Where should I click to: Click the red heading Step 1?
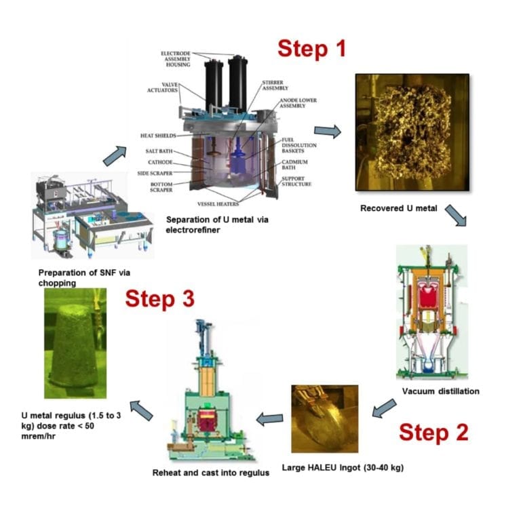tap(311, 49)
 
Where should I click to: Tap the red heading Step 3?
tap(159, 298)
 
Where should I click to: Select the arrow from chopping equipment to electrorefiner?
tap(112, 155)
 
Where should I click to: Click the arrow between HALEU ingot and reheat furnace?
tap(272, 419)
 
